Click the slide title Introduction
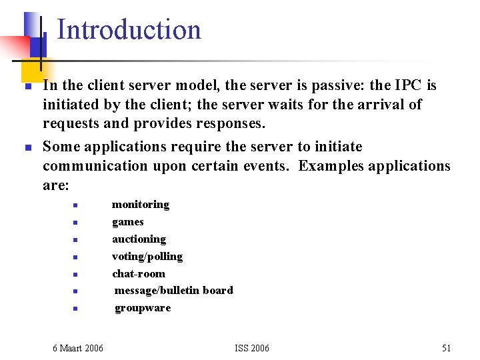129,30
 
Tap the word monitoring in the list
141,205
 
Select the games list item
128,222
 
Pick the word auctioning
139,239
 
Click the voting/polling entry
147,257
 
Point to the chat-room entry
138,274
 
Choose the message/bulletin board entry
173,291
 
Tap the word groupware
143,308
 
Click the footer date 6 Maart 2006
78,348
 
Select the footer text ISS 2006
252,348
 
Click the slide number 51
446,348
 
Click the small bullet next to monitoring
77,205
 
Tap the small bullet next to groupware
77,309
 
